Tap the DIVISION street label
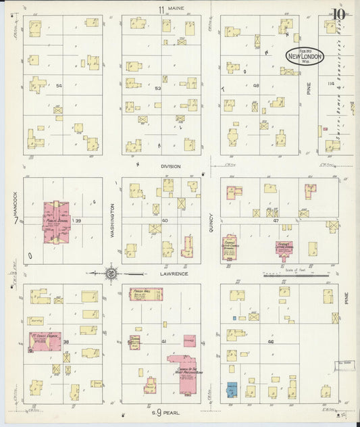(x=171, y=166)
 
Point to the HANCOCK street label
(x=14, y=202)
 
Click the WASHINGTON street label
(x=112, y=219)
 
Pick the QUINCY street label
(x=211, y=219)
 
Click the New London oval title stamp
(x=304, y=56)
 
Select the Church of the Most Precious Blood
(x=185, y=368)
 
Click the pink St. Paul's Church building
(x=45, y=341)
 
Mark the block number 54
(x=59, y=86)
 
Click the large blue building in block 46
(x=232, y=390)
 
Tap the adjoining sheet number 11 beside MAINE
(x=161, y=9)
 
